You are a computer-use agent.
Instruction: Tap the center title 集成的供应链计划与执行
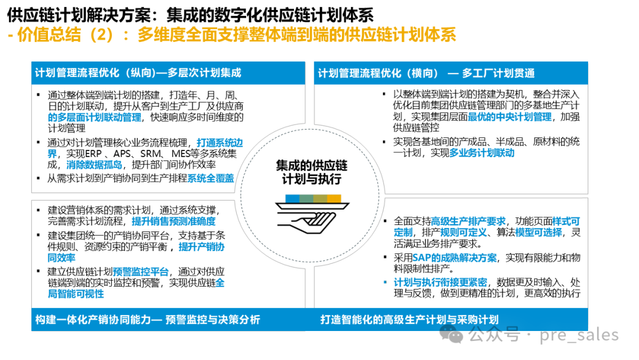312,172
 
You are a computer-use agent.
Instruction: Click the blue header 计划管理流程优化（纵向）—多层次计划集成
138,73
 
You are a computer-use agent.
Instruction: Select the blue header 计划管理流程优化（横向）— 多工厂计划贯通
426,73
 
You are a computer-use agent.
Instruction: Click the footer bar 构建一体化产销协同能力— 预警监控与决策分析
147,320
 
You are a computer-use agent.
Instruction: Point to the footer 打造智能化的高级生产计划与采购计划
409,320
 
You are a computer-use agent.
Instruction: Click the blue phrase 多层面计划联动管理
95,117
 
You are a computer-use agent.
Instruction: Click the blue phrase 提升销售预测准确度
173,221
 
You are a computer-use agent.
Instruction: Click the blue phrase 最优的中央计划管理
509,117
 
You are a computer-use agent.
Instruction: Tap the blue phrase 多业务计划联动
482,153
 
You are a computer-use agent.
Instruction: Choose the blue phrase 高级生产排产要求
470,221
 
